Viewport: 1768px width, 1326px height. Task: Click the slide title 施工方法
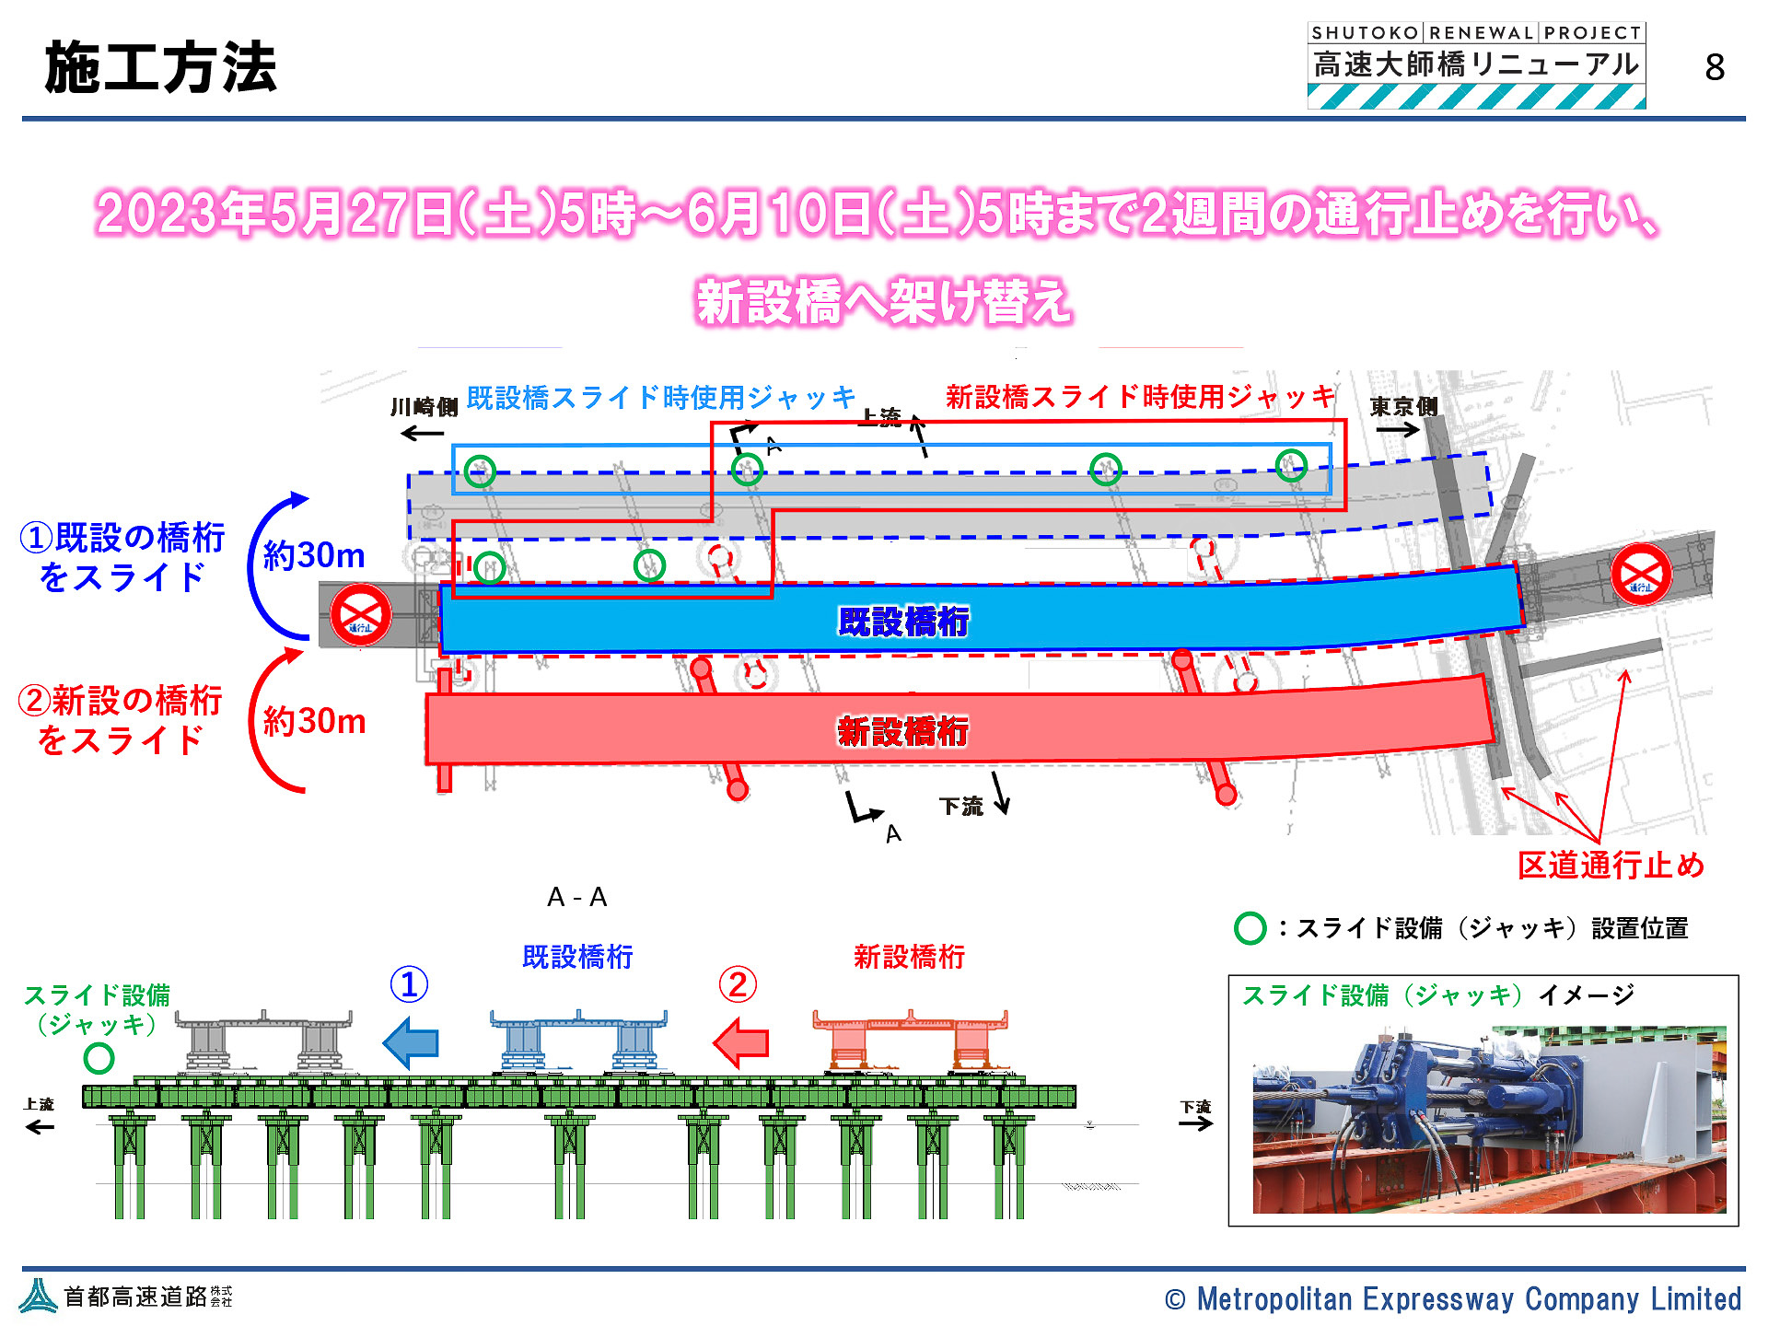pyautogui.click(x=161, y=68)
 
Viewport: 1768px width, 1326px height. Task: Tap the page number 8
pyautogui.click(x=1714, y=67)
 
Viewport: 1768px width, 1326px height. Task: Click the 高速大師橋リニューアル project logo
pyautogui.click(x=1476, y=66)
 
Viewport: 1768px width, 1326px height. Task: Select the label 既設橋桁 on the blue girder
pyautogui.click(x=902, y=622)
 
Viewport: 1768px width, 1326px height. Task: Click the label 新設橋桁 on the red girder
pyautogui.click(x=902, y=732)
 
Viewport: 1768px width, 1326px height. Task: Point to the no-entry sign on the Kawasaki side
pyautogui.click(x=361, y=614)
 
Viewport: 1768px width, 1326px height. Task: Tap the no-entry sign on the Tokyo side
pyautogui.click(x=1641, y=574)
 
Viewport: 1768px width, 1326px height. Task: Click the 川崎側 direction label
pyautogui.click(x=424, y=407)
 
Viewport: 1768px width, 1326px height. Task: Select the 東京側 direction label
pyautogui.click(x=1403, y=406)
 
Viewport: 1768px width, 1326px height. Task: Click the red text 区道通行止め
pyautogui.click(x=1611, y=866)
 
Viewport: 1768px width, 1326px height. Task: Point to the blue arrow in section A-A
pyautogui.click(x=411, y=1042)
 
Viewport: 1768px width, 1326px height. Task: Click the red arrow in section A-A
pyautogui.click(x=741, y=1042)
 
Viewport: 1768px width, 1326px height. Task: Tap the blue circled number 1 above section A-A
pyautogui.click(x=410, y=984)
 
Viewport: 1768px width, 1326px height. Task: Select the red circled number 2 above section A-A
pyautogui.click(x=738, y=984)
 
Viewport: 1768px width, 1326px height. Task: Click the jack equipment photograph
pyautogui.click(x=1488, y=1118)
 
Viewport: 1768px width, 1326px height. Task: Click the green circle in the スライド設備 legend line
pyautogui.click(x=1250, y=928)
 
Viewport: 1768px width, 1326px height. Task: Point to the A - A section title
pyautogui.click(x=577, y=897)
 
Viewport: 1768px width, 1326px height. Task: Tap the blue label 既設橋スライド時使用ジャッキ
pyautogui.click(x=661, y=398)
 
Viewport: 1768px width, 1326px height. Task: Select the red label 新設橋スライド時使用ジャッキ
pyautogui.click(x=1140, y=397)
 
